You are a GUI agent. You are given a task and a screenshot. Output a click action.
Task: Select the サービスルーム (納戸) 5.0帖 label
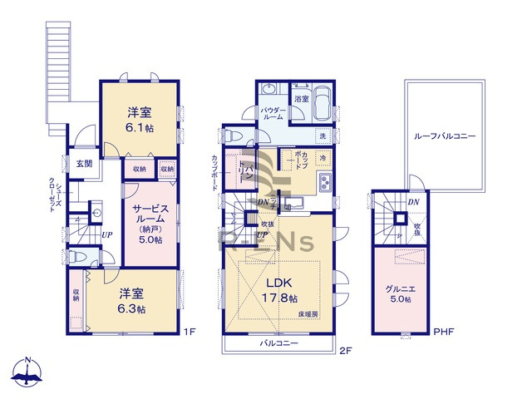(x=149, y=223)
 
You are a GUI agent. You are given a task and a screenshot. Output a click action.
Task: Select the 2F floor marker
(x=346, y=350)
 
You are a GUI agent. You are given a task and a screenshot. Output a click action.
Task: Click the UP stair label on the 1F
(x=107, y=235)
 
